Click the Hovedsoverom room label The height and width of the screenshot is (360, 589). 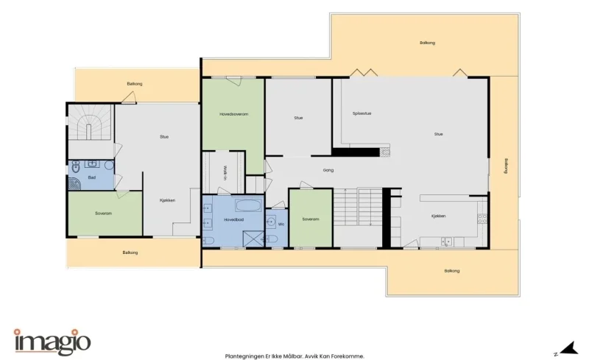233,114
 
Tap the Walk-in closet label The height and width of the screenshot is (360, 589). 225,173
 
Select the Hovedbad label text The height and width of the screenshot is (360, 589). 233,219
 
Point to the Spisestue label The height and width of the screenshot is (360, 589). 361,113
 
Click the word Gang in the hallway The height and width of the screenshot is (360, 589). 328,170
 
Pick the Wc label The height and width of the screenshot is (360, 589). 281,225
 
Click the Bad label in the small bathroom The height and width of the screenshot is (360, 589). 91,177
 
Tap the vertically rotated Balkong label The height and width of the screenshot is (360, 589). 506,166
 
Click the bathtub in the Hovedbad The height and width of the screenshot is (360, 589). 248,205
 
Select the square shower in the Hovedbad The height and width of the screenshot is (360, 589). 253,239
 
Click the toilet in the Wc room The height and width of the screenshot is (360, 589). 272,239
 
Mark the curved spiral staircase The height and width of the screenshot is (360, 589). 90,121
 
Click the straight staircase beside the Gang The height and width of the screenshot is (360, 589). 358,206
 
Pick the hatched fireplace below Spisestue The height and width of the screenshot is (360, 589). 384,152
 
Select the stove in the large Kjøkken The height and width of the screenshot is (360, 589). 482,219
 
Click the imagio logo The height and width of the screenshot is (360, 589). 52,342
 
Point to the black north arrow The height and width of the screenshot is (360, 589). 571,347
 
